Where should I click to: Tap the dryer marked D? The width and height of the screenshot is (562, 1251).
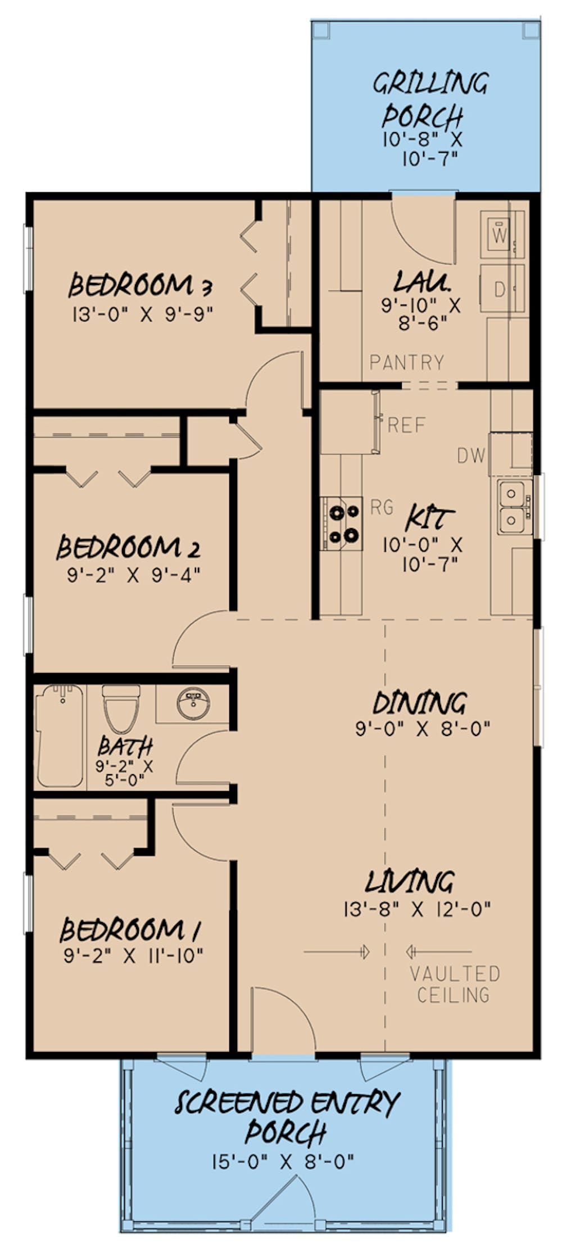(x=499, y=290)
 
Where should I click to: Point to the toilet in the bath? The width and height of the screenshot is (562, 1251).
(x=121, y=710)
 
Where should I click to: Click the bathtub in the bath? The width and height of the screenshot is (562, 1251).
(x=60, y=735)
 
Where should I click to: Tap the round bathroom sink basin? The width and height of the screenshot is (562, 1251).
(x=193, y=703)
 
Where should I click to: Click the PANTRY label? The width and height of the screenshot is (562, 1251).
(x=407, y=363)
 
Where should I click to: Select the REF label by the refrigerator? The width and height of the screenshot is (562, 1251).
(x=406, y=425)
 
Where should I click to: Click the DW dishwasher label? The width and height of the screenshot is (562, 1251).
(x=471, y=455)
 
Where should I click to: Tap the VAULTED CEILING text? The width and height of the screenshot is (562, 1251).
(x=454, y=984)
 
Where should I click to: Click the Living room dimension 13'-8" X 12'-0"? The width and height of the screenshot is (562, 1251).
(x=417, y=909)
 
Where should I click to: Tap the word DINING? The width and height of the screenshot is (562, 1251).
(x=419, y=703)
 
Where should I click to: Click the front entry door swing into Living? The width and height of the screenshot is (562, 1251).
(x=281, y=1018)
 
